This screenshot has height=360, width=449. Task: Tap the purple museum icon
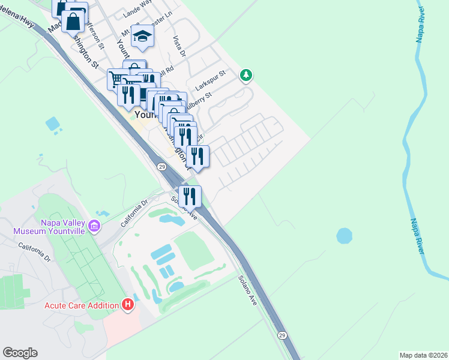point(94,226)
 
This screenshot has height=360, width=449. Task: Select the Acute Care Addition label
point(82,305)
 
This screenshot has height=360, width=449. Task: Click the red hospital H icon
point(127,305)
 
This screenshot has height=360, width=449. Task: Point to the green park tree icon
point(245,75)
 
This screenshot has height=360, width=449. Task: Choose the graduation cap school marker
point(143,37)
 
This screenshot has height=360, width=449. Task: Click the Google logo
point(20,353)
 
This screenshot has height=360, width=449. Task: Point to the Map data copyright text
point(424,355)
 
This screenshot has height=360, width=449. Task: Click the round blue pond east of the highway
point(345,236)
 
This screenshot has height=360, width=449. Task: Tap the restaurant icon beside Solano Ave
point(190,196)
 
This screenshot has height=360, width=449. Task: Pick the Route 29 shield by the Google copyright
point(282,334)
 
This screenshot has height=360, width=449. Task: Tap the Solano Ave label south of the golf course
point(247,290)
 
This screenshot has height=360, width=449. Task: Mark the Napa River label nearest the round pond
point(418,235)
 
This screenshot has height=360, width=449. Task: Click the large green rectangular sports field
point(198,251)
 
